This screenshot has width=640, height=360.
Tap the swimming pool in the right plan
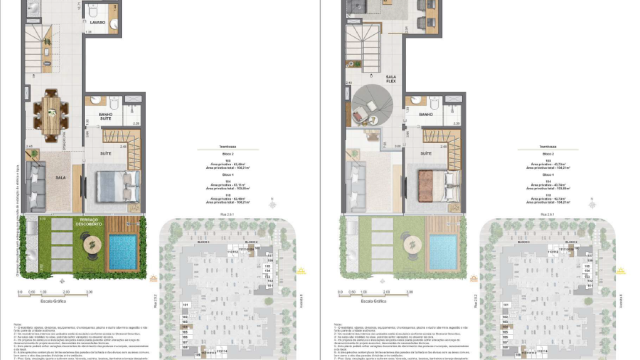click(446, 248)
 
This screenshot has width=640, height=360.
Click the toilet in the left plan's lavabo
click(114, 21)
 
